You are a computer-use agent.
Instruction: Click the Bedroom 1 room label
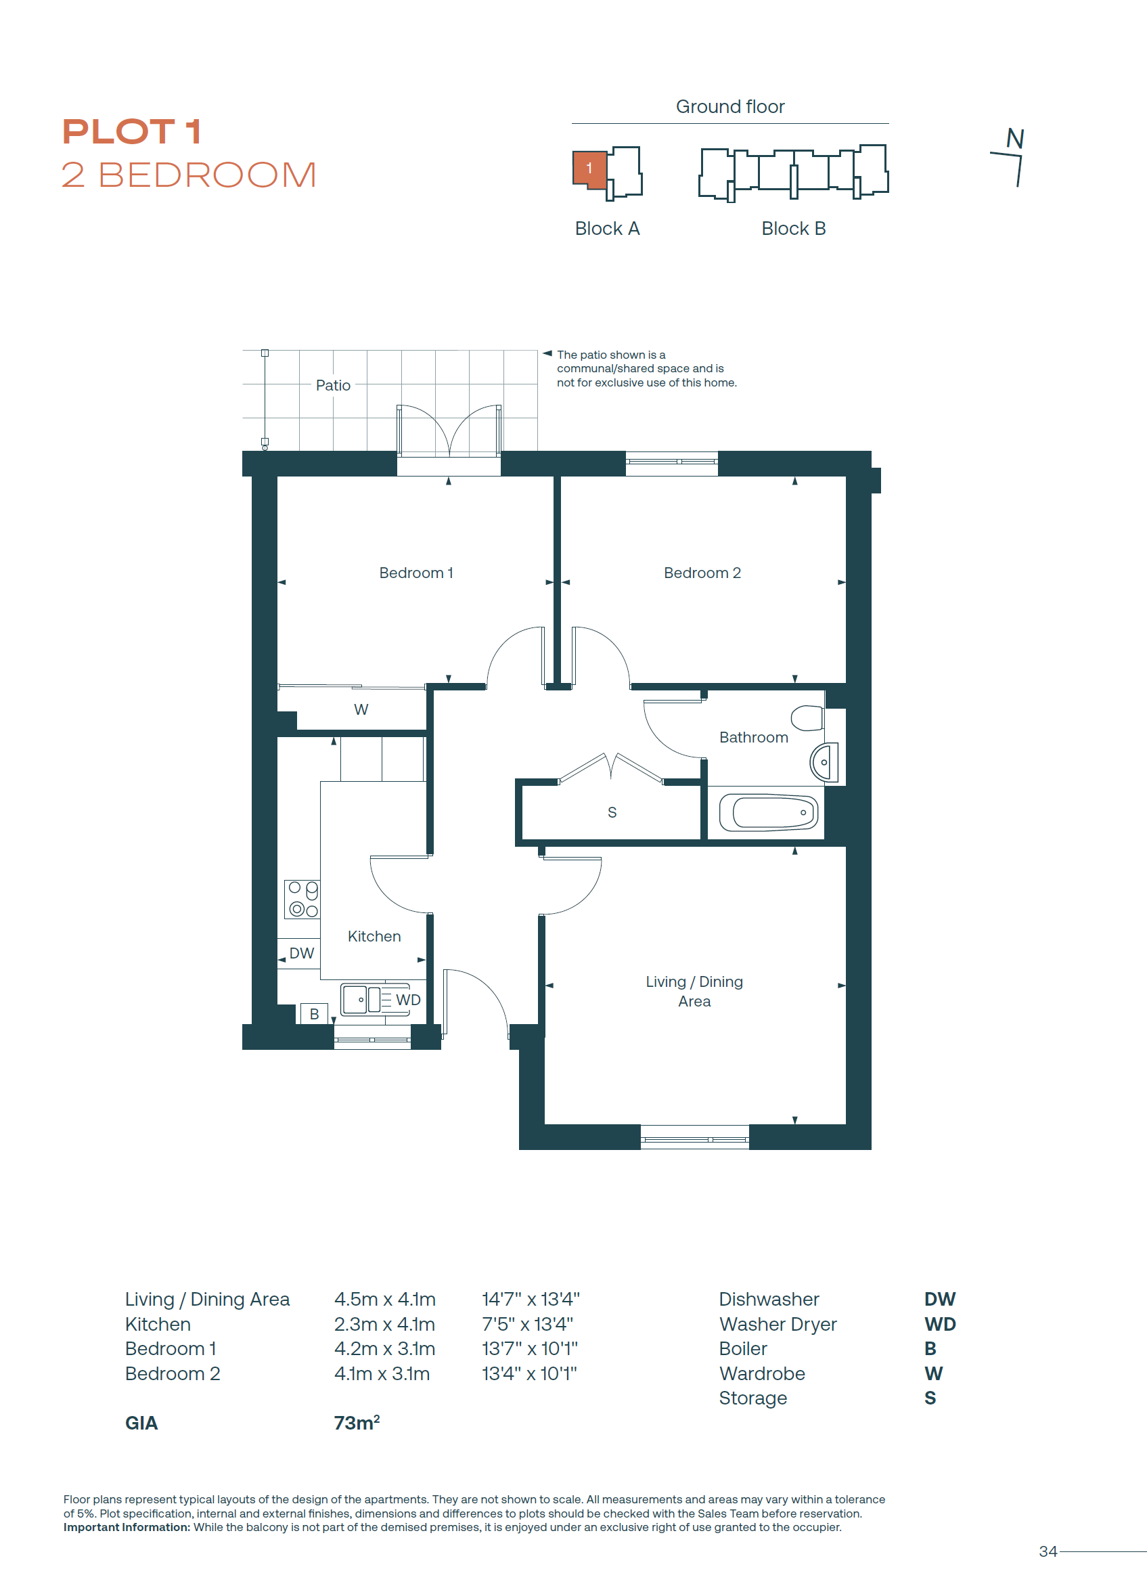(x=415, y=573)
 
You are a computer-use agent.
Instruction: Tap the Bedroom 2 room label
(x=702, y=573)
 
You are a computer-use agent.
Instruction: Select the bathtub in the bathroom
(x=769, y=813)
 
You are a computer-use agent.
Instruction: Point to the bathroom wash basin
(x=824, y=761)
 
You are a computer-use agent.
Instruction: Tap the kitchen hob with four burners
(x=302, y=899)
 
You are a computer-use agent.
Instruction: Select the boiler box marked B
(x=314, y=1013)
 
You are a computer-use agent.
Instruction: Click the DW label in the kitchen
(x=302, y=953)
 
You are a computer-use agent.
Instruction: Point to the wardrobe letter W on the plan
(x=361, y=709)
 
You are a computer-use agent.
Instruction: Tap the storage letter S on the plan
(x=612, y=812)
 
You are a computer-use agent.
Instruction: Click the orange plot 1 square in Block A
(x=589, y=170)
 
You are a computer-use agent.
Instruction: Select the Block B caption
(x=793, y=228)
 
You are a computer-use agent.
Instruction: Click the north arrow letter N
(x=1015, y=137)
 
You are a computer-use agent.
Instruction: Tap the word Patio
(x=333, y=385)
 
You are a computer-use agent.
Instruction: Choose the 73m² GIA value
(x=357, y=1423)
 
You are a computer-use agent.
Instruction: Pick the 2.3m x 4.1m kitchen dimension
(x=384, y=1324)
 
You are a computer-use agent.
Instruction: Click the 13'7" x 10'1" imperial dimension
(x=530, y=1348)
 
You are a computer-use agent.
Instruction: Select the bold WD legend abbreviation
(x=940, y=1324)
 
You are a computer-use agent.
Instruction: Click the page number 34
(x=1048, y=1551)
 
